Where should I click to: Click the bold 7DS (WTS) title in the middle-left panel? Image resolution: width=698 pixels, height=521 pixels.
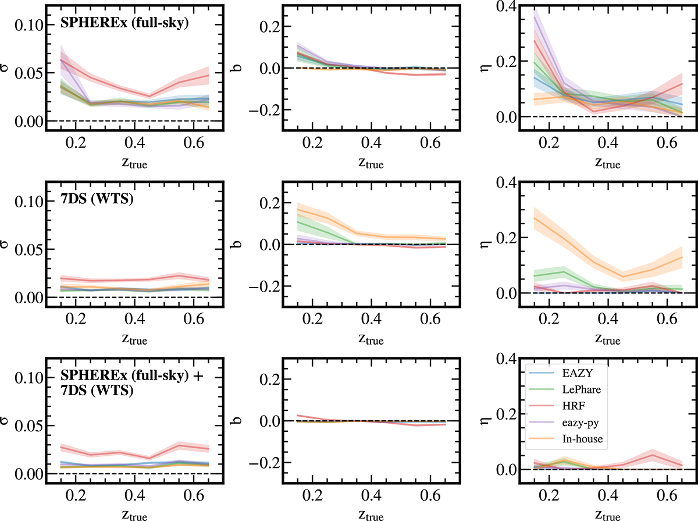click(97, 199)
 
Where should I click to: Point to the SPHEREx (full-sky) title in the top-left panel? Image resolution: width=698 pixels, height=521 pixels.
click(124, 23)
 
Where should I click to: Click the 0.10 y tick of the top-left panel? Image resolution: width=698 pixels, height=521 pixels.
click(29, 25)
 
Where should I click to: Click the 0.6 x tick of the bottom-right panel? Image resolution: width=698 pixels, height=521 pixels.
click(667, 495)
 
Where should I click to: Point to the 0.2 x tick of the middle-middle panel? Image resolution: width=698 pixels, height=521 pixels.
click(312, 319)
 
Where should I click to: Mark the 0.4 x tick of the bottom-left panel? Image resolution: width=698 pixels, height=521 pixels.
click(135, 495)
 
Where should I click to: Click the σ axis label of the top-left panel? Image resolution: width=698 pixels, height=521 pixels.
click(5, 68)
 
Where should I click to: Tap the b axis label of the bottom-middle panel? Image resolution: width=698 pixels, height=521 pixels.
click(237, 420)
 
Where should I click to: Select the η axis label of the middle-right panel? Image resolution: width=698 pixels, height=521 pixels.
click(486, 244)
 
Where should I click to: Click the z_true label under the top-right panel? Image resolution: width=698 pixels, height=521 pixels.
click(608, 163)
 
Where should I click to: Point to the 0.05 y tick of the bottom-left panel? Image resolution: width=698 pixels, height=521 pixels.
click(29, 426)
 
